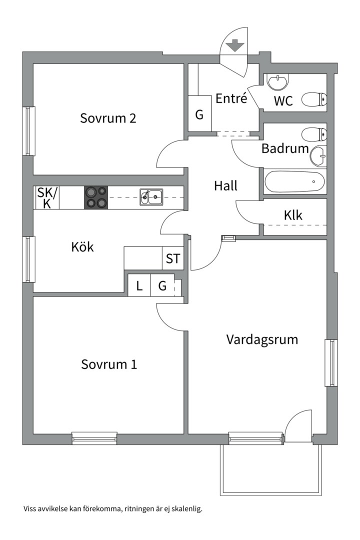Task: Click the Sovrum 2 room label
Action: point(108,118)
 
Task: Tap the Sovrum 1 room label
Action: point(109,364)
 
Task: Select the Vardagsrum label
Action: point(262,339)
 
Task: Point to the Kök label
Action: point(82,246)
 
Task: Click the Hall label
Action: point(226,186)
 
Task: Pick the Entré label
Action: point(231,98)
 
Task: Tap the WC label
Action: point(283,101)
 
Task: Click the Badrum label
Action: point(285,148)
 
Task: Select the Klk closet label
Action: point(293,215)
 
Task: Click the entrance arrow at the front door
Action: point(235,45)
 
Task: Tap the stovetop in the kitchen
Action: point(96,197)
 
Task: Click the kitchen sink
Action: point(151,197)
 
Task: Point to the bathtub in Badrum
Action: point(294,181)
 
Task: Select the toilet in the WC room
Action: point(314,99)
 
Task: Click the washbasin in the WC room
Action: point(278,82)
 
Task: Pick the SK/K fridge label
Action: point(47,197)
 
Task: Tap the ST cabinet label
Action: point(172,258)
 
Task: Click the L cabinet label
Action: point(139,286)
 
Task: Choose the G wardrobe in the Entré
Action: point(199,114)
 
